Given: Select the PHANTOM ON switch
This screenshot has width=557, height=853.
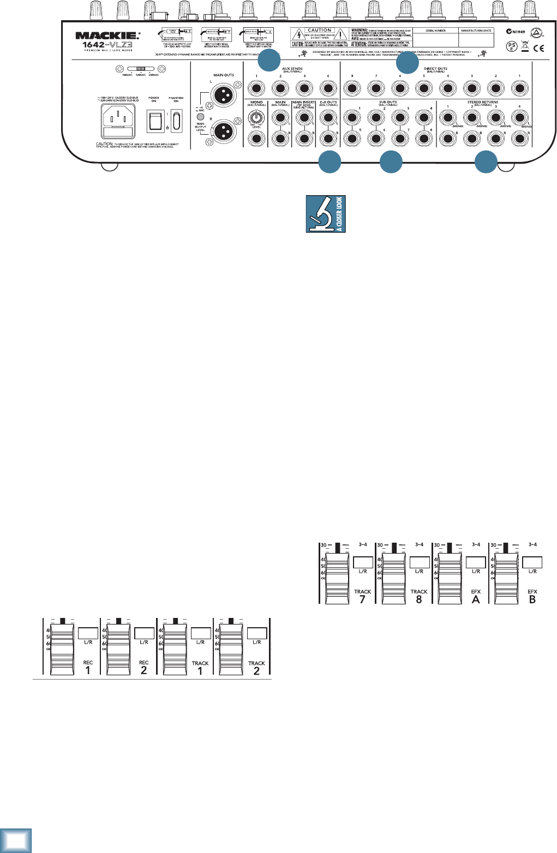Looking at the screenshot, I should pyautogui.click(x=176, y=121).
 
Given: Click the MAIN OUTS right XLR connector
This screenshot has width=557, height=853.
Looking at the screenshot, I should pyautogui.click(x=223, y=131).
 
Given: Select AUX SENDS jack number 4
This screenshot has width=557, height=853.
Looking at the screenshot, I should pyautogui.click(x=327, y=88).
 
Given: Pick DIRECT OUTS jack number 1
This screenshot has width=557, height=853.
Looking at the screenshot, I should pyautogui.click(x=519, y=88).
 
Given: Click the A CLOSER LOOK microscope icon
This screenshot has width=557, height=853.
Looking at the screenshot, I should pyautogui.click(x=326, y=214).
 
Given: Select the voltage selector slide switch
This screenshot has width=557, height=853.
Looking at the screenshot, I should pyautogui.click(x=140, y=69).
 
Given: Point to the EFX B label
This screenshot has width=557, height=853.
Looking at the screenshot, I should pyautogui.click(x=532, y=596).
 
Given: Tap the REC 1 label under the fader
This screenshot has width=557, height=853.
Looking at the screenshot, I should pyautogui.click(x=88, y=667).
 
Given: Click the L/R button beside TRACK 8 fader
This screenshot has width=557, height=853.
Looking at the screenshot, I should pyautogui.click(x=419, y=562).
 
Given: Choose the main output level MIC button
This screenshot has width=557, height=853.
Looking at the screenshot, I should pyautogui.click(x=200, y=117).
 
